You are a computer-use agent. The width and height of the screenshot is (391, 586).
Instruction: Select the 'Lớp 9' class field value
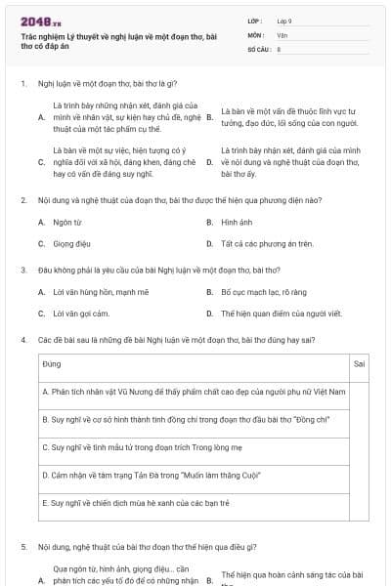click(x=284, y=21)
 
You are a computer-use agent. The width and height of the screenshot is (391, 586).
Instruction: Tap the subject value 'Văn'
click(x=282, y=34)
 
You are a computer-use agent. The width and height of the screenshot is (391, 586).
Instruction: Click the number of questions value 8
click(x=280, y=48)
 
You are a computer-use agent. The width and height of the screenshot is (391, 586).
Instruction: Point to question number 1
click(x=22, y=85)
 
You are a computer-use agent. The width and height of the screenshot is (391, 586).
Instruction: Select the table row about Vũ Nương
click(x=181, y=391)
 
